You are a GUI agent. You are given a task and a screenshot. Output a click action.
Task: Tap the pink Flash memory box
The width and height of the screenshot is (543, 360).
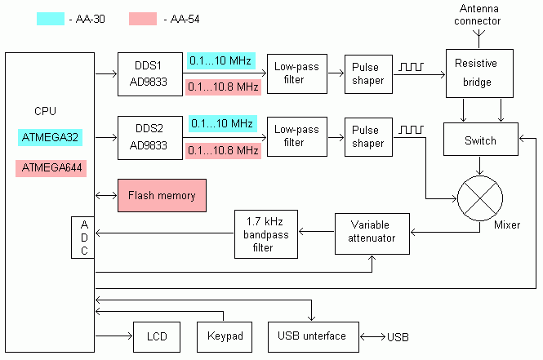[x=162, y=196]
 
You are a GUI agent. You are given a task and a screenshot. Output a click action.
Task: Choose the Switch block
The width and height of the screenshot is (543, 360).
[x=480, y=140]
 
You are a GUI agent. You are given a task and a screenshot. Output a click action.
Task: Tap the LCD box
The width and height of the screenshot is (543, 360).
[x=156, y=336]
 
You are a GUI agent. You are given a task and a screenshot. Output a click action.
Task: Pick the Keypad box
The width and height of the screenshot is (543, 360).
[x=221, y=336]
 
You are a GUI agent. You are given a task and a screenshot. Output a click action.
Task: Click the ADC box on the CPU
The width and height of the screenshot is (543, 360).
[x=83, y=238]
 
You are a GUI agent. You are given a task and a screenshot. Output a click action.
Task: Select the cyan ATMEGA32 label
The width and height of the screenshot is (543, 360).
[x=51, y=137]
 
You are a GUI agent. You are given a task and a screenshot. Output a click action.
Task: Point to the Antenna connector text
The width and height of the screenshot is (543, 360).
[x=480, y=16]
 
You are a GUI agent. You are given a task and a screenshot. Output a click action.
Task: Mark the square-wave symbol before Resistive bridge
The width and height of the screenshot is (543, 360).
[x=410, y=67]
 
